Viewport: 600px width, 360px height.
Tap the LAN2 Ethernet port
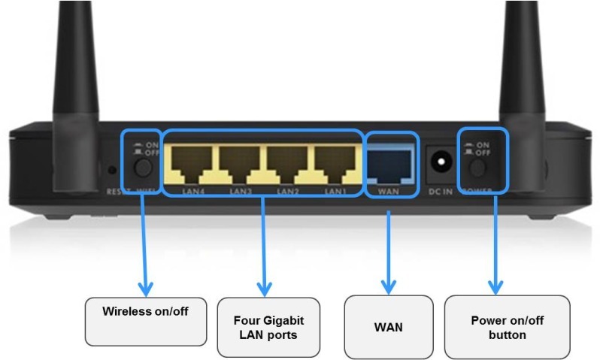click(289, 162)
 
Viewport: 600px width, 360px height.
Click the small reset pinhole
click(112, 169)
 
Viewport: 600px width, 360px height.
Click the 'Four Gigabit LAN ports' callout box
click(268, 327)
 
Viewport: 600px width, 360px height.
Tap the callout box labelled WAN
click(389, 327)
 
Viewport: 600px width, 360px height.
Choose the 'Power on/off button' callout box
click(496, 327)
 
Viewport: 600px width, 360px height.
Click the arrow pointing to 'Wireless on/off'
click(144, 241)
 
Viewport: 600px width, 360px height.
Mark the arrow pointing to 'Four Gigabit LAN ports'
click(264, 241)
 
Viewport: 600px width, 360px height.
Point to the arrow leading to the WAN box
click(387, 248)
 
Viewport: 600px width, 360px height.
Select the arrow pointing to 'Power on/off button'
click(494, 241)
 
